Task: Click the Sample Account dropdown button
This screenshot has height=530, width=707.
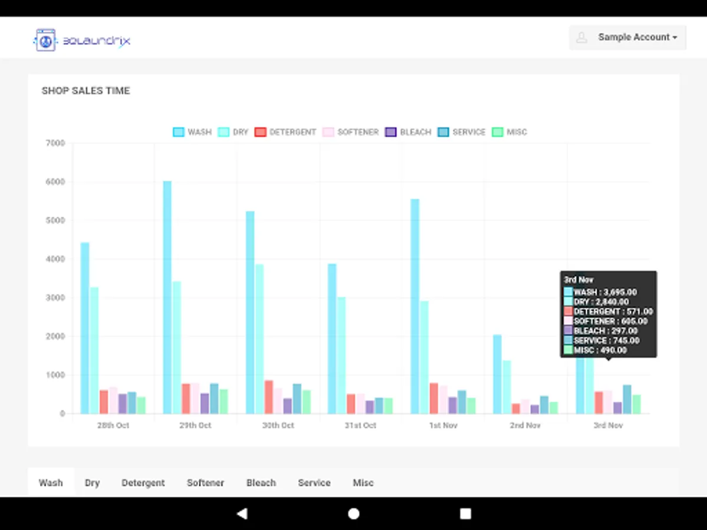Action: [628, 37]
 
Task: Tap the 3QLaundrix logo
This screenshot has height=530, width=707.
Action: [82, 40]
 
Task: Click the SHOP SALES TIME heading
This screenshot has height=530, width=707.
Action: [86, 91]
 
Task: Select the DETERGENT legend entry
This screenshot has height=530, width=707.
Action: [286, 132]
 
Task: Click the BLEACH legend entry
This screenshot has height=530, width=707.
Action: [408, 132]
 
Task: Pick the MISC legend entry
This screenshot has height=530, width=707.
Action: [510, 132]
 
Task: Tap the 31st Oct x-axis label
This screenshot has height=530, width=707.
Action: [361, 425]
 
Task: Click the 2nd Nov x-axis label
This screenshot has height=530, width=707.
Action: [526, 425]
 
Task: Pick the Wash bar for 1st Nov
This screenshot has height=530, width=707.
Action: [415, 306]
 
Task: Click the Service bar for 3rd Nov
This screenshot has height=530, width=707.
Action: [627, 399]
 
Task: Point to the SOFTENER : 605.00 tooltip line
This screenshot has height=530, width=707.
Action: [610, 321]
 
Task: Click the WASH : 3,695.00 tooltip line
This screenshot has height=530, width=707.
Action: [605, 292]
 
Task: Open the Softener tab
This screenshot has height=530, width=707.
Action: [206, 483]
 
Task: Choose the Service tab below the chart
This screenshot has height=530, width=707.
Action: [314, 483]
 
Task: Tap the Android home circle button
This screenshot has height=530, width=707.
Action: [353, 514]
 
